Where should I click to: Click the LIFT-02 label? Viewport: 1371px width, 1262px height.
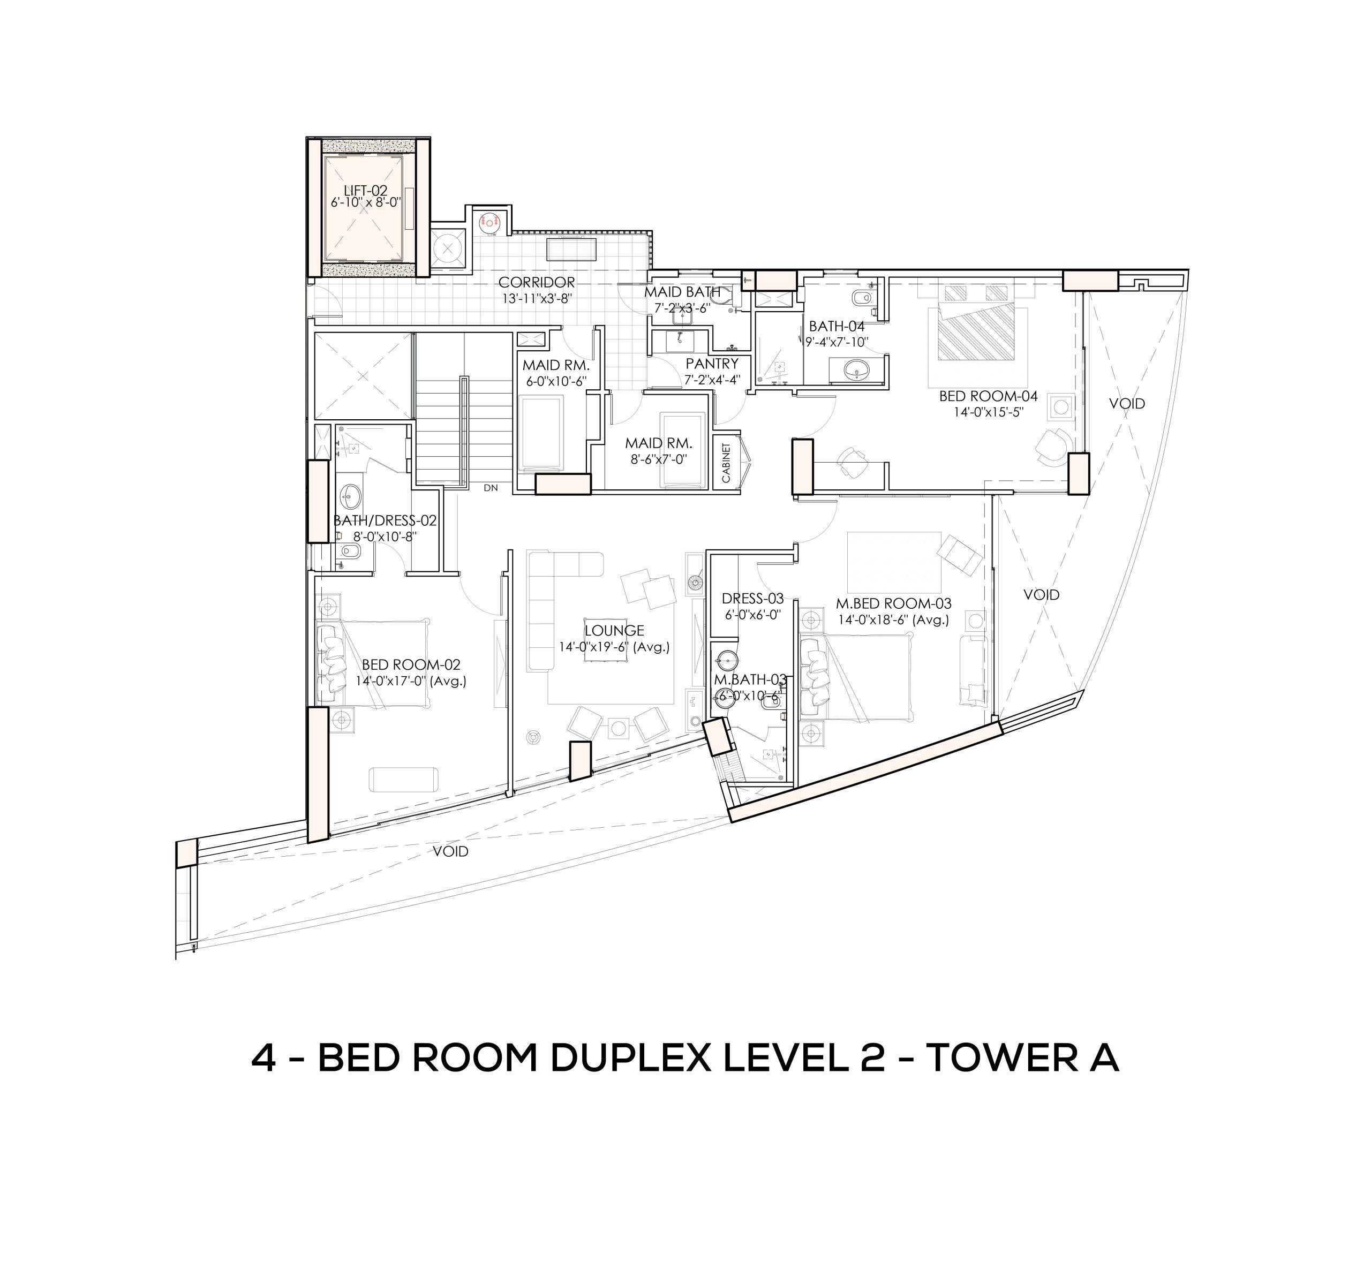point(365,191)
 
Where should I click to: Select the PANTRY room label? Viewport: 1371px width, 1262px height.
point(712,364)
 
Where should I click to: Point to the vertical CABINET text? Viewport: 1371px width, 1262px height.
point(726,462)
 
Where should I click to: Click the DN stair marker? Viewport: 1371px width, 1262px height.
point(491,488)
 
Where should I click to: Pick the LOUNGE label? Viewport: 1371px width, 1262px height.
point(614,631)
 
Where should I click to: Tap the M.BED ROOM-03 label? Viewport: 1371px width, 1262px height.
point(893,603)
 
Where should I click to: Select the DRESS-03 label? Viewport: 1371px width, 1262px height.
point(753,599)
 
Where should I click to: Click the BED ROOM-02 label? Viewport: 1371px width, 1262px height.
point(411,664)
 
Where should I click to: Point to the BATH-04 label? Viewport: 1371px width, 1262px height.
point(837,327)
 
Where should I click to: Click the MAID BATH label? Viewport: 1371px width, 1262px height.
point(682,292)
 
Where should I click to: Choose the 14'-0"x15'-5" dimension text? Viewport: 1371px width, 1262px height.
point(989,412)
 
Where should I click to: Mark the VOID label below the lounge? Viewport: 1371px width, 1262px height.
point(451,851)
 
